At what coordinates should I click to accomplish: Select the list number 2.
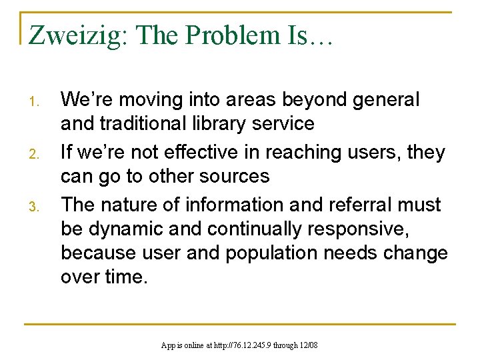[x=39, y=155]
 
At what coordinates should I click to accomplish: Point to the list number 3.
[x=39, y=207]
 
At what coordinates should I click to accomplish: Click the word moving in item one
[x=147, y=100]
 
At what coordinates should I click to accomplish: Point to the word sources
[x=238, y=176]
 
